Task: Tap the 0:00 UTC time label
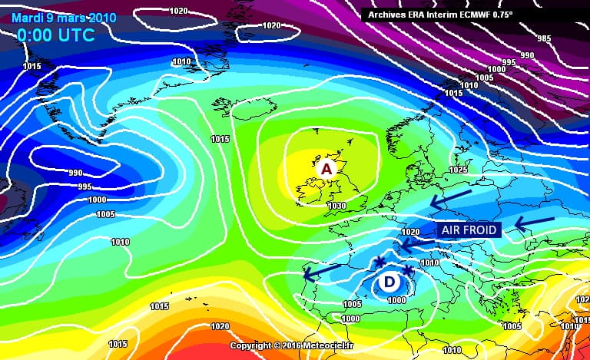tap(56, 35)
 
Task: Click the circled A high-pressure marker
tap(326, 168)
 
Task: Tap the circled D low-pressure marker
tap(389, 282)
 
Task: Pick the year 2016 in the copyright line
tap(288, 346)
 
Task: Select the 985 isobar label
tap(545, 38)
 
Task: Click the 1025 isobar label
tap(458, 169)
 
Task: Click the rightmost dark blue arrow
tap(533, 224)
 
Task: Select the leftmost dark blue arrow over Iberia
tap(322, 271)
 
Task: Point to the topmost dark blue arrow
tap(451, 199)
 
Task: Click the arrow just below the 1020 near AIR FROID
tap(414, 244)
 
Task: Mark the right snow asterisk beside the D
tap(407, 271)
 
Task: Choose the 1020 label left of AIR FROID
tap(410, 232)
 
